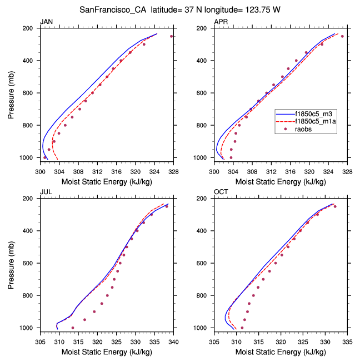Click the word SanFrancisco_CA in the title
[x=111, y=9]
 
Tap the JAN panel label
[x=46, y=22]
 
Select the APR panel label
[x=221, y=22]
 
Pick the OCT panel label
[x=221, y=192]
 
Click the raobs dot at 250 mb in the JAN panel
[x=172, y=36]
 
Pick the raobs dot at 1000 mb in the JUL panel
[x=73, y=328]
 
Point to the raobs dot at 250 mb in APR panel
[x=342, y=36]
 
